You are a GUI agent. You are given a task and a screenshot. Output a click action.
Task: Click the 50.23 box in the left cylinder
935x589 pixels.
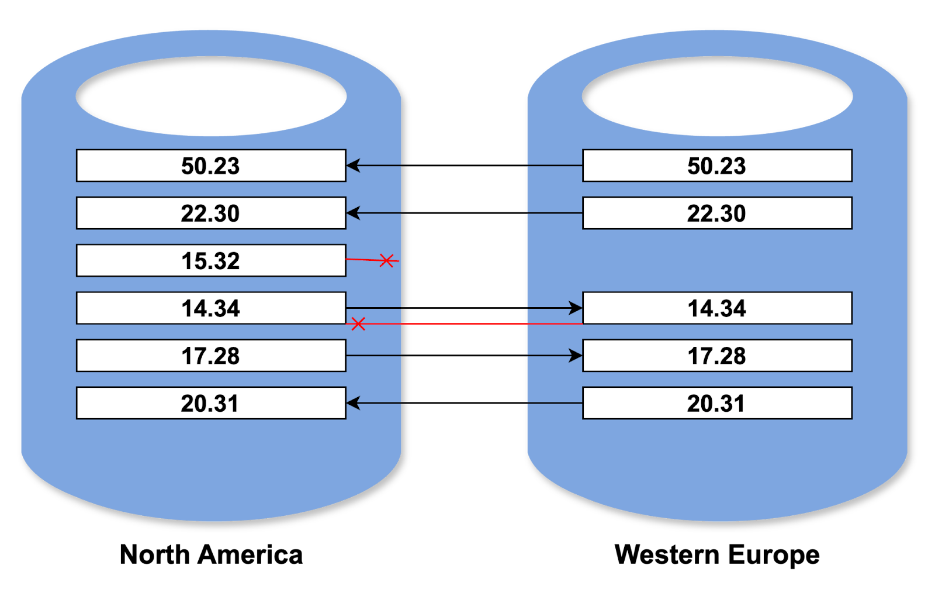tap(211, 166)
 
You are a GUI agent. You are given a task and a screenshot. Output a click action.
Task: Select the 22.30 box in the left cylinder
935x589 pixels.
tap(211, 213)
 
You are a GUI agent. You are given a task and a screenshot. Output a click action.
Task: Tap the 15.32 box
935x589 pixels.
tap(211, 260)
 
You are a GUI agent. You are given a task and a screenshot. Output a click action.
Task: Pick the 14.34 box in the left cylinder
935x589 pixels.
tap(211, 308)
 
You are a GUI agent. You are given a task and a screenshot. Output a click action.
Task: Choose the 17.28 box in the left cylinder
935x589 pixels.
tap(211, 356)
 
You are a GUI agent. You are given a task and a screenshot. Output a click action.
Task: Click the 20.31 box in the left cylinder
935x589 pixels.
tap(211, 403)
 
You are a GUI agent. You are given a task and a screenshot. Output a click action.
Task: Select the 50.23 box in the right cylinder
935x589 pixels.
tap(717, 166)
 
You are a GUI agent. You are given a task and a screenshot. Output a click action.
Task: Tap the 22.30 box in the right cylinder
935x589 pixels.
tap(717, 213)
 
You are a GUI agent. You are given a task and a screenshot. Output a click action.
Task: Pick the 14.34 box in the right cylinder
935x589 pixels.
tap(717, 308)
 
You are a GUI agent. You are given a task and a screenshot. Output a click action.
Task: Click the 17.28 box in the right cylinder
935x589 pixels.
tap(717, 356)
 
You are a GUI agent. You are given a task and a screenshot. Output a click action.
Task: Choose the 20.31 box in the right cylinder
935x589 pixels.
tap(717, 403)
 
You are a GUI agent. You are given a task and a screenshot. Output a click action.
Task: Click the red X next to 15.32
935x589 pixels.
tap(386, 261)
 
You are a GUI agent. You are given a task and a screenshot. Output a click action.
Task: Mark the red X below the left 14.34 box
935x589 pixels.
tap(358, 323)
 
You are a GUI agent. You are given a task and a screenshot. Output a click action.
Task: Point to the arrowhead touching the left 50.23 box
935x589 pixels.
tap(353, 166)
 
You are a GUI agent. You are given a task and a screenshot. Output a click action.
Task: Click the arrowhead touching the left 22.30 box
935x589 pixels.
tap(353, 213)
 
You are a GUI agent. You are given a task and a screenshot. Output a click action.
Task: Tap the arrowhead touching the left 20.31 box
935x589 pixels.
tap(353, 403)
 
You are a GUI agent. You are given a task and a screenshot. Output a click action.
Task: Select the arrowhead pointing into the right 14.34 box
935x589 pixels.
tap(576, 308)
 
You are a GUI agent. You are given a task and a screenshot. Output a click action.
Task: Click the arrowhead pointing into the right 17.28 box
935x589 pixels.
tap(576, 356)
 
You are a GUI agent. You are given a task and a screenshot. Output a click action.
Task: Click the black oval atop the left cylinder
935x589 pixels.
tap(211, 96)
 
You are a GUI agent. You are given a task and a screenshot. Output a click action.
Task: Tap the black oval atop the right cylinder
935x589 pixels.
tap(717, 96)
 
